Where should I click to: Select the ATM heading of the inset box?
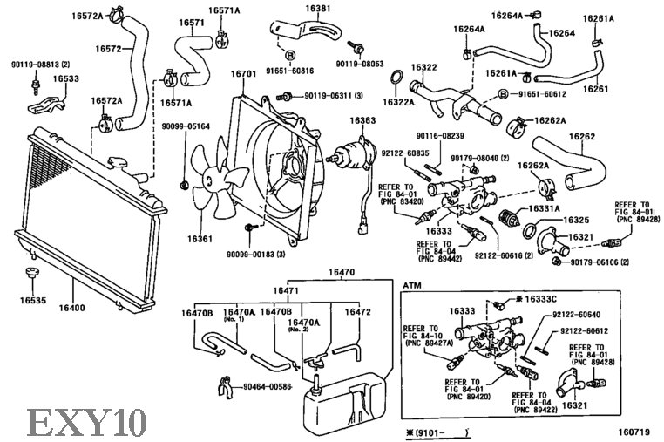[x=412, y=285]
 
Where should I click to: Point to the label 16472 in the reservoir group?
[x=357, y=311]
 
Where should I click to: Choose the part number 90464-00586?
[x=269, y=386]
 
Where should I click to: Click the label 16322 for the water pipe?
[x=423, y=67]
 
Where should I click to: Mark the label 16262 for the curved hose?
[x=582, y=136]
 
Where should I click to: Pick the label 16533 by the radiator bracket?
[x=65, y=78]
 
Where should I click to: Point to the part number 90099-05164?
[x=184, y=126]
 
